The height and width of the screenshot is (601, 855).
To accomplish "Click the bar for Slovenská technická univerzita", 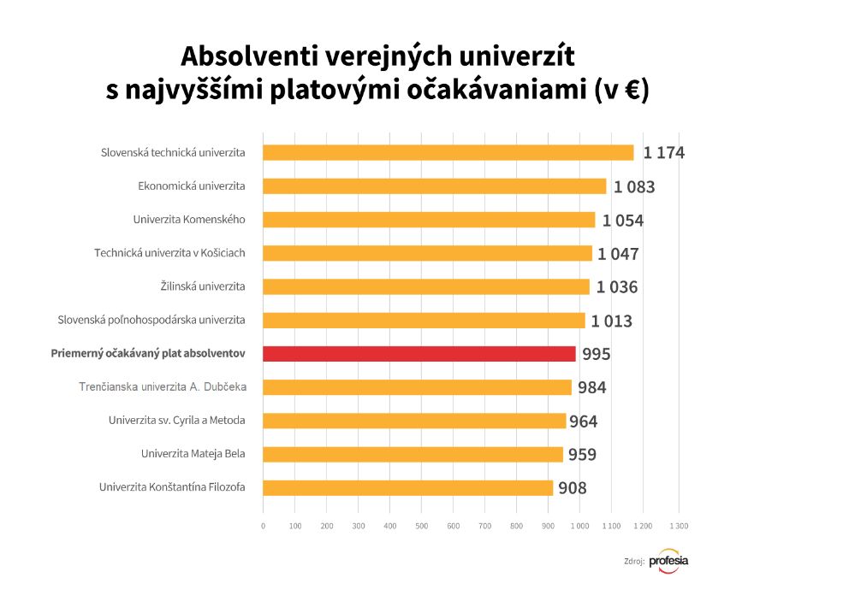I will pos(448,153).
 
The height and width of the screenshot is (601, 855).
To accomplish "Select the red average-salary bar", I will pos(419,354).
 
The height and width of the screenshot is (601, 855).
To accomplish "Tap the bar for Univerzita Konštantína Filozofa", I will pos(407,488).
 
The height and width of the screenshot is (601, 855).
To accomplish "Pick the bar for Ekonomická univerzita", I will pos(434,186).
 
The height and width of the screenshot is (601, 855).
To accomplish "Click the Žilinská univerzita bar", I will pos(425,286).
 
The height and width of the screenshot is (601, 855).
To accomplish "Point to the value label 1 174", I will pos(664,153).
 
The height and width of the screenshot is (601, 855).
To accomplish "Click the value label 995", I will pos(597,354).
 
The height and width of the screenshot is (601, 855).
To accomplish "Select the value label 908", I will pos(573,488).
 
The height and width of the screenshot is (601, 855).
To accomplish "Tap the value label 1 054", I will pos(622,221).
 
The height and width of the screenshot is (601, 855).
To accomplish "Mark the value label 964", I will pos(583,421).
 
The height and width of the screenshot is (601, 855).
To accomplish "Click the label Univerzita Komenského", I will pos(189,220).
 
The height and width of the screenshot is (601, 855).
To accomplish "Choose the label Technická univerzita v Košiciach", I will pos(169,253).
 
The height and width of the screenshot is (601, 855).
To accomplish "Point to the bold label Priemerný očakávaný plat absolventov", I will pos(148,353).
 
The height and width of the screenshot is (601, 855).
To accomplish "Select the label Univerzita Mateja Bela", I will pos(193,454).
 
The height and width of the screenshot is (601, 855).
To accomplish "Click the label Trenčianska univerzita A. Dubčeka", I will pos(163,387).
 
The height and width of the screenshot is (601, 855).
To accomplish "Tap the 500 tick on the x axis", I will pos(421,526).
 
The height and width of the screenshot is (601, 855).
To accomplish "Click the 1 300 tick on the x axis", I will pos(679,526).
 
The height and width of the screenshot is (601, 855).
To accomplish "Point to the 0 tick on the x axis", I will pos(263,526).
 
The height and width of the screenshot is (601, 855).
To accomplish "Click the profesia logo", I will pos(668,561).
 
